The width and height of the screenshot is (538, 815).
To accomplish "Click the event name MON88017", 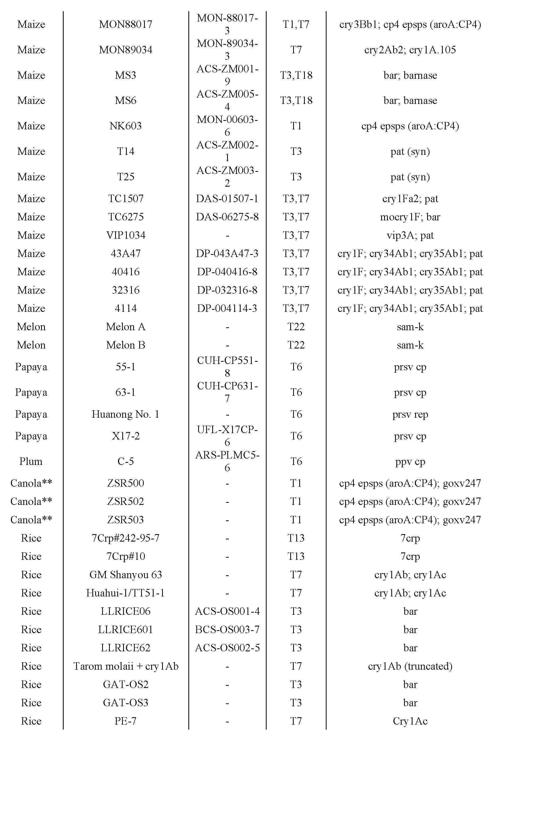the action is click(125, 24).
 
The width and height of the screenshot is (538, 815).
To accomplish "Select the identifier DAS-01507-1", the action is click(227, 199).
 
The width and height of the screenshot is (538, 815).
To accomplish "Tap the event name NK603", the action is click(125, 126).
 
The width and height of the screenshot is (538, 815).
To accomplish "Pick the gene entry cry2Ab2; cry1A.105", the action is click(410, 50).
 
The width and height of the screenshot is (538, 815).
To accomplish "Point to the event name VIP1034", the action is click(125, 235).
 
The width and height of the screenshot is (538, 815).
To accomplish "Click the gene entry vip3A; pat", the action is click(410, 235).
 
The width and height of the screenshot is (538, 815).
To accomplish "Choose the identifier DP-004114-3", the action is click(227, 308).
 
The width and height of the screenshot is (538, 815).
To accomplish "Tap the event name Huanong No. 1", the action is click(125, 414).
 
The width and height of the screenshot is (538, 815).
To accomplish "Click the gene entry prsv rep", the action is click(410, 414).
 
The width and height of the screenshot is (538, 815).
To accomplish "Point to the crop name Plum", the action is click(31, 461).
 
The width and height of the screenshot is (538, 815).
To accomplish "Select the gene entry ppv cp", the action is click(410, 461).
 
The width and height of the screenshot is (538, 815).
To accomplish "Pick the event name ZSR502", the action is click(125, 502).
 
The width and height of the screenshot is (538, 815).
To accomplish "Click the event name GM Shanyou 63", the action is click(125, 574).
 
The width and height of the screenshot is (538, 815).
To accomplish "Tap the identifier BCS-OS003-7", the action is click(227, 629).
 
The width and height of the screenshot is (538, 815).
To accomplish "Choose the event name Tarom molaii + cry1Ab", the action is click(125, 666).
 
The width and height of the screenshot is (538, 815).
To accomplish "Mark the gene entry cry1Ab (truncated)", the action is click(410, 666).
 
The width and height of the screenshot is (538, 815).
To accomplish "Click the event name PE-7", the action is click(125, 721).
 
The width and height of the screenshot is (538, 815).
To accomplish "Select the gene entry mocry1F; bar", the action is click(410, 217).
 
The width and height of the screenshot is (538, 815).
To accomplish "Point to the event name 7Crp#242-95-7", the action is click(125, 538).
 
